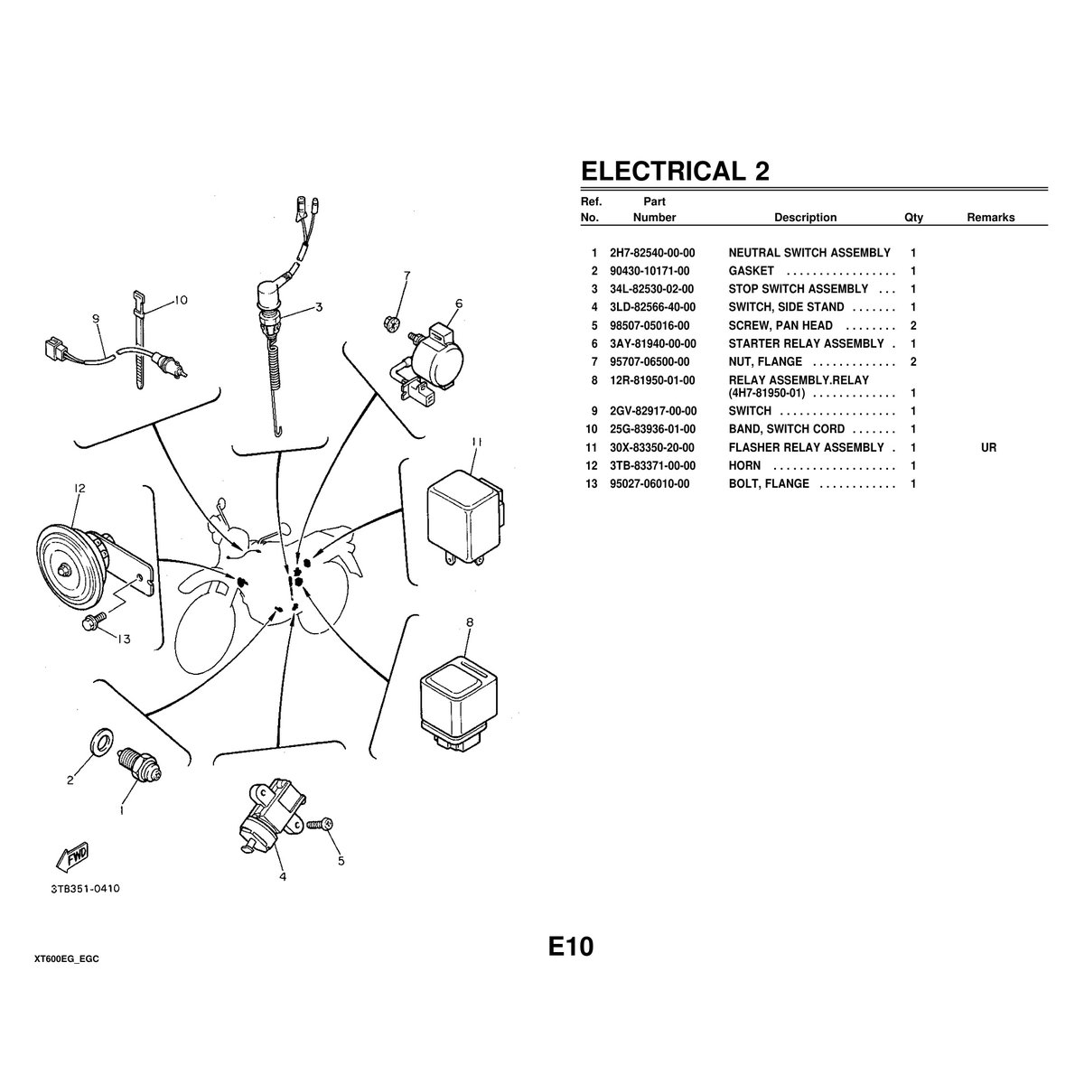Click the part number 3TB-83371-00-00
(x=652, y=466)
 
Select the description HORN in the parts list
(x=744, y=466)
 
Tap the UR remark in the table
(x=988, y=448)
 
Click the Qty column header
(x=913, y=218)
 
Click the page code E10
(x=571, y=947)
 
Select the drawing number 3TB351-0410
(x=85, y=889)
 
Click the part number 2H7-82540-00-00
(x=652, y=253)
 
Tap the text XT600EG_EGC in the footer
(x=67, y=958)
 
